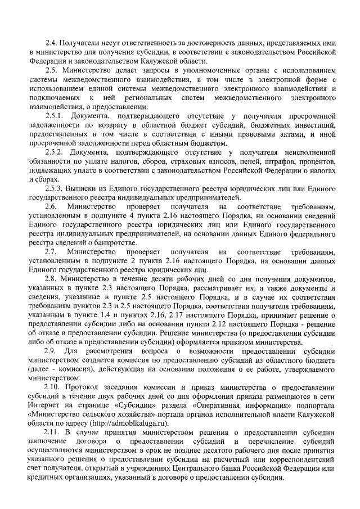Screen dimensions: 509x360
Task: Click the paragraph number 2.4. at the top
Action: point(52,42)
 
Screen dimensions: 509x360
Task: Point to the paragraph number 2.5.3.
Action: point(56,188)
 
